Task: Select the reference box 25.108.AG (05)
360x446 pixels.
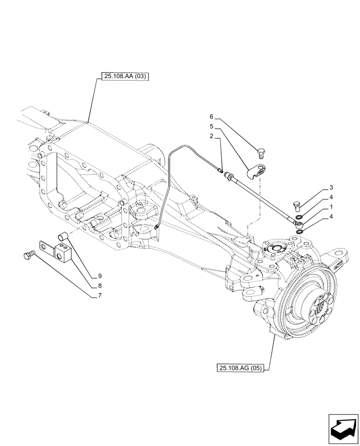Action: pyautogui.click(x=241, y=368)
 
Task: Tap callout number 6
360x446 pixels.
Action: pyautogui.click(x=212, y=117)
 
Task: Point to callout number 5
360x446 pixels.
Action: pyautogui.click(x=212, y=126)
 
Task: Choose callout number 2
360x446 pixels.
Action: pyautogui.click(x=212, y=136)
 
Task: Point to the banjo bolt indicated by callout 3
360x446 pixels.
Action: pyautogui.click(x=297, y=206)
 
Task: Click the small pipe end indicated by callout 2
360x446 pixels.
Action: pyautogui.click(x=220, y=169)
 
